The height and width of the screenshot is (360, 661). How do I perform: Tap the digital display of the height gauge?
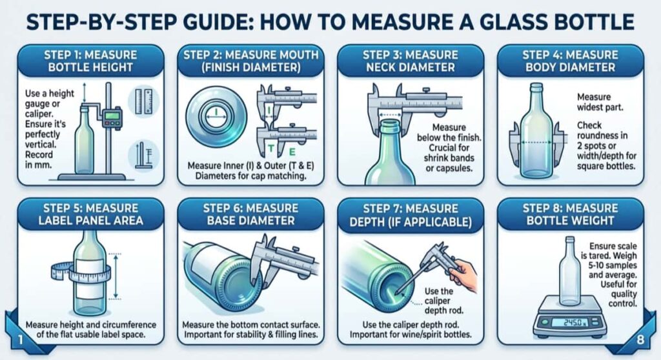click(112, 115)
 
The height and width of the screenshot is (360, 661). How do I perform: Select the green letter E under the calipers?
click(292, 152)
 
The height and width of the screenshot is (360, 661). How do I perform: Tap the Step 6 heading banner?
click(250, 214)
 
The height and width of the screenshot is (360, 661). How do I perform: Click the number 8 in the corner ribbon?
click(640, 339)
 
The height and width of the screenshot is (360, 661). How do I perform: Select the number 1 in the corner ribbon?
click(20, 339)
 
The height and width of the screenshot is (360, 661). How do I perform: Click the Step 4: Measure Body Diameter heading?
click(571, 61)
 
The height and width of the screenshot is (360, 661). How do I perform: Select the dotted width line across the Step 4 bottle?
click(534, 143)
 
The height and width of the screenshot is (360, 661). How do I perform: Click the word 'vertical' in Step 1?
click(41, 145)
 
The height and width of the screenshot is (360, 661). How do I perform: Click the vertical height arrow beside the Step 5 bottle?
click(116, 275)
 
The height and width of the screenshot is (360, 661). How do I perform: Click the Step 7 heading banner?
click(410, 215)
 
